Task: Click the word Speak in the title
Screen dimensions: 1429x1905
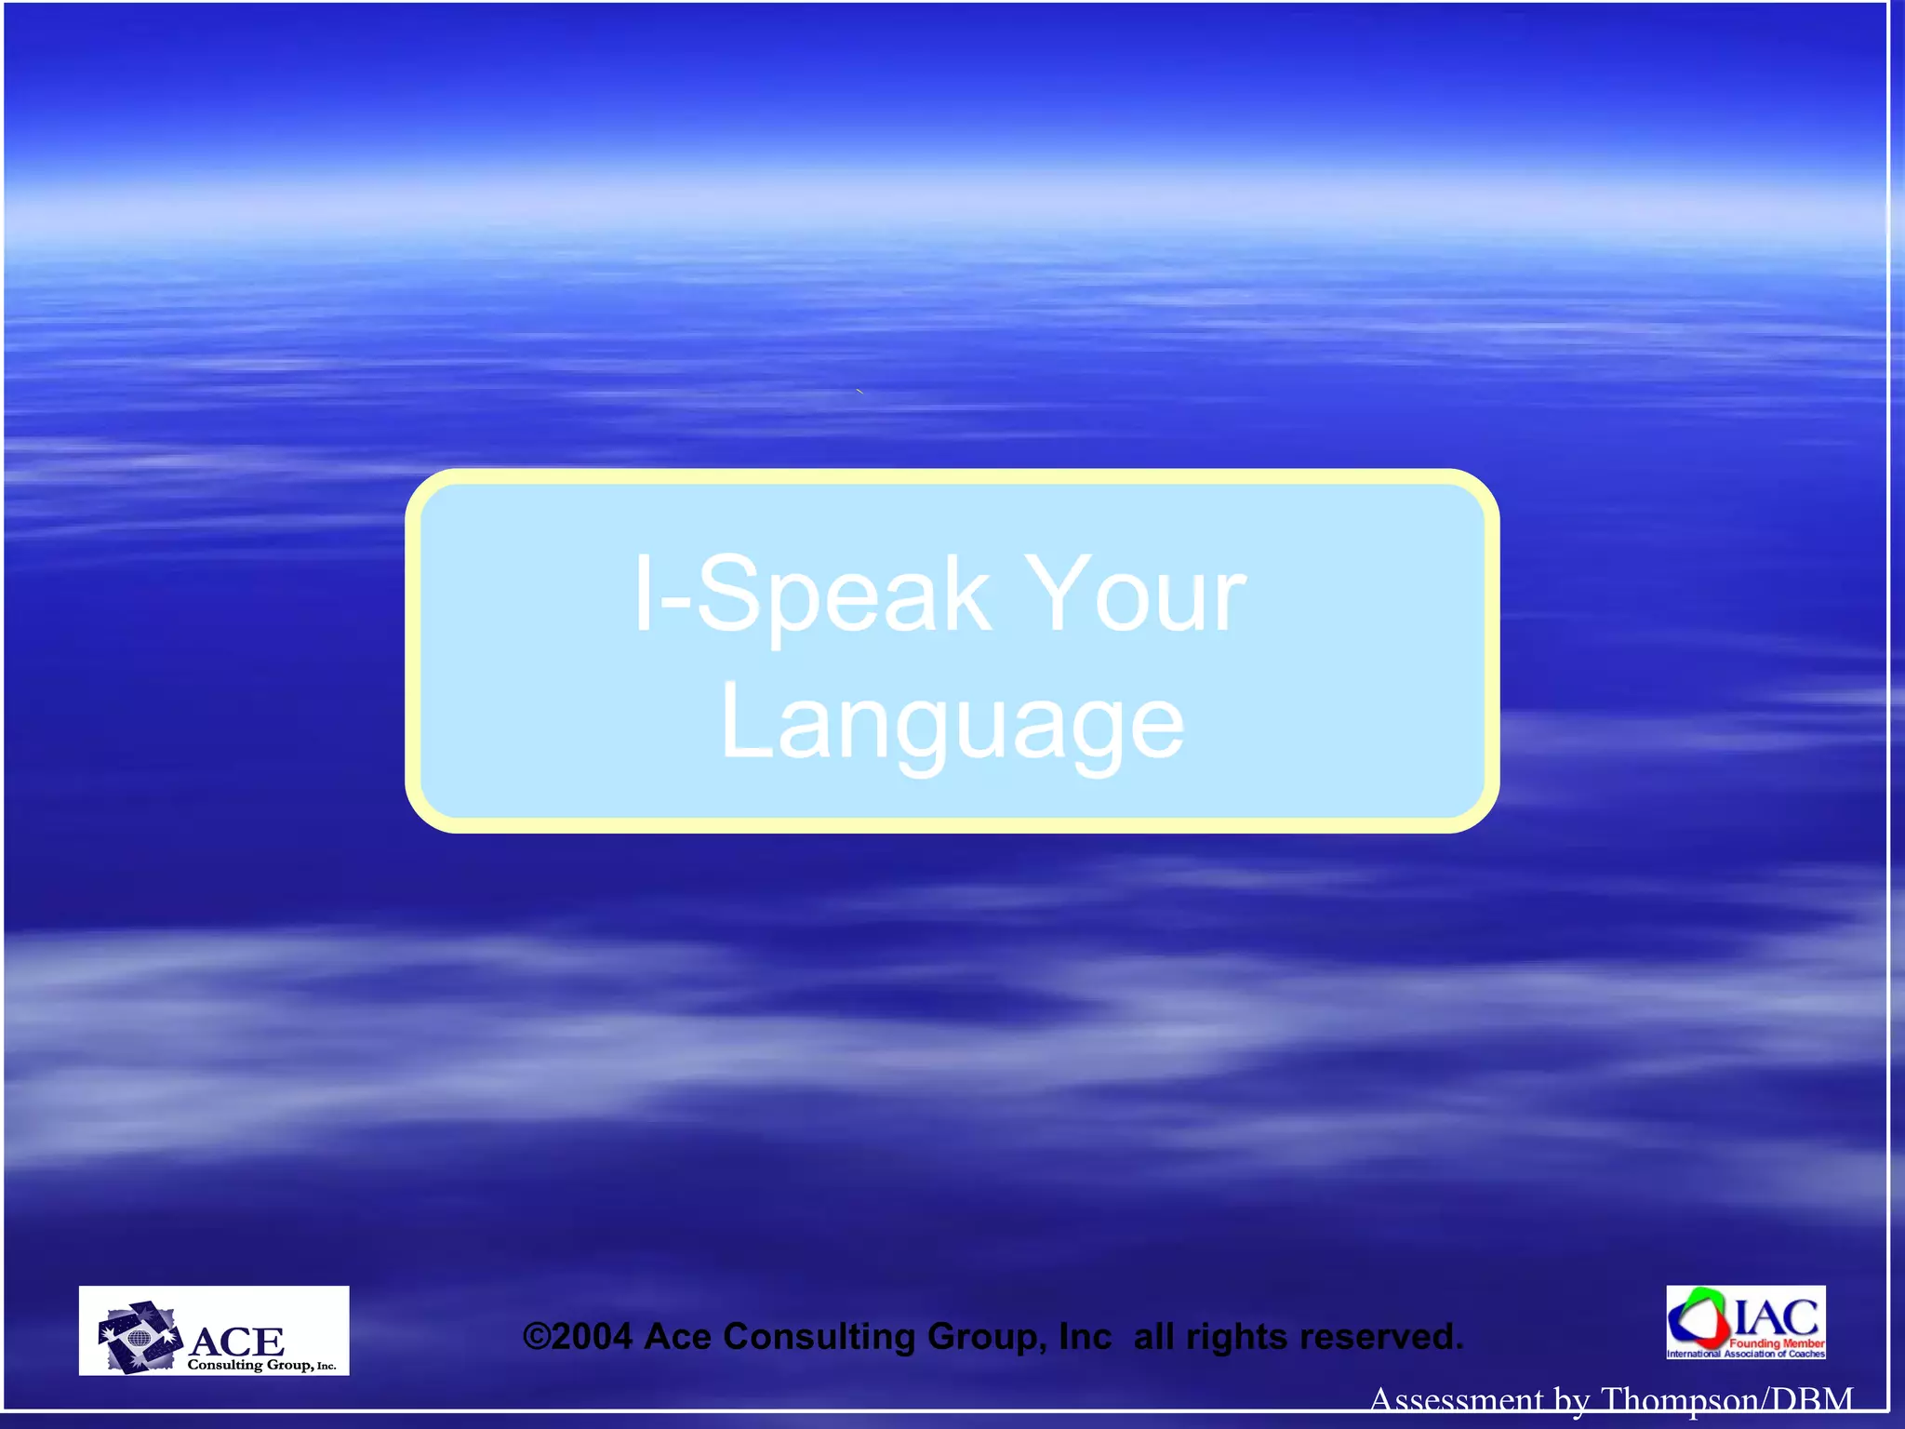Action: coord(842,595)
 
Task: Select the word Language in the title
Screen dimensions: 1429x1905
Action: coord(952,722)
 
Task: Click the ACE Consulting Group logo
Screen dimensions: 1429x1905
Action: coord(214,1330)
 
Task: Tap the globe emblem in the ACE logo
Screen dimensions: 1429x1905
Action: coord(140,1341)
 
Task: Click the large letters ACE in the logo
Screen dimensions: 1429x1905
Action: coord(236,1341)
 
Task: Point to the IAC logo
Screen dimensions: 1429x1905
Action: coord(1745,1322)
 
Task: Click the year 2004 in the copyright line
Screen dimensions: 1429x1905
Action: coord(592,1337)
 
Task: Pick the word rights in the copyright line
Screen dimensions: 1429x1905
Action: coord(1237,1337)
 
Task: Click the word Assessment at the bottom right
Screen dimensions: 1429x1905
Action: coord(1456,1399)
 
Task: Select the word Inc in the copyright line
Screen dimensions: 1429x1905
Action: coord(1085,1337)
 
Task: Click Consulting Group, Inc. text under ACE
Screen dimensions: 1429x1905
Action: coord(261,1365)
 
